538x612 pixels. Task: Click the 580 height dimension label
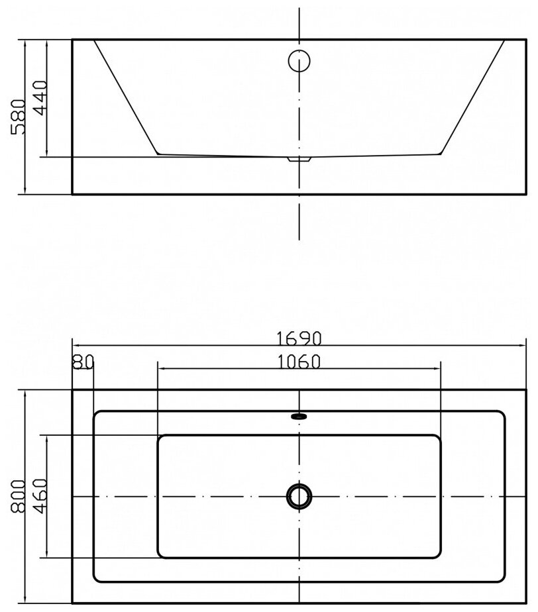(x=17, y=117)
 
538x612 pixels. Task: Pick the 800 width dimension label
(x=17, y=497)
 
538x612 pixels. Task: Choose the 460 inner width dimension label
(x=39, y=497)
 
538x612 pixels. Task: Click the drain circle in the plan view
(x=299, y=496)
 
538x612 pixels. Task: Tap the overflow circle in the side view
(x=299, y=61)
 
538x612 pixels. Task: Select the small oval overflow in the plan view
(x=299, y=417)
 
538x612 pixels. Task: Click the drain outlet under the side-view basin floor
(x=299, y=159)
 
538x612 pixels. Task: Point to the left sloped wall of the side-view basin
(x=126, y=97)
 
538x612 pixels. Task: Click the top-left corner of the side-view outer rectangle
(x=72, y=40)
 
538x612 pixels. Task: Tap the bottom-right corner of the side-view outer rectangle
(x=527, y=194)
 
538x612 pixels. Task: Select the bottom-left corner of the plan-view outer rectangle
(x=72, y=603)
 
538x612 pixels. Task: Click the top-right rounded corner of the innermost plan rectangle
(x=439, y=437)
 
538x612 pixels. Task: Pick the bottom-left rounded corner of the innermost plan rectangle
(x=160, y=555)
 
